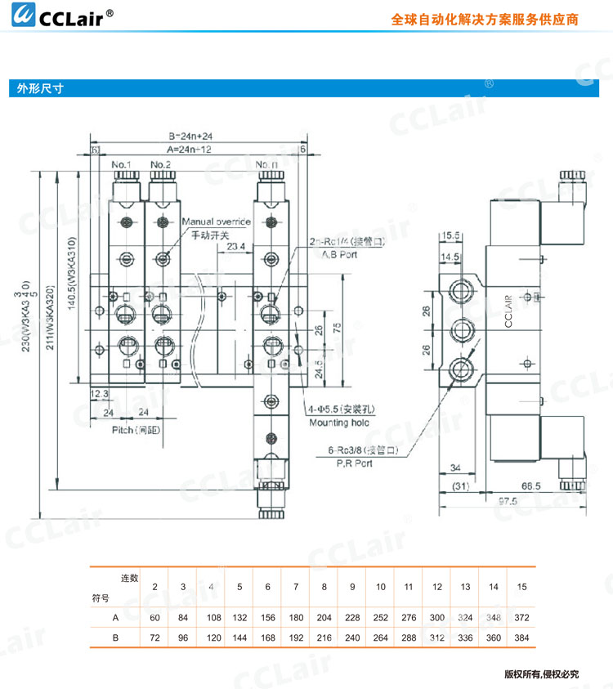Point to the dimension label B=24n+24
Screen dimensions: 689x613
(190, 136)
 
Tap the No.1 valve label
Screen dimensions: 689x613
(123, 164)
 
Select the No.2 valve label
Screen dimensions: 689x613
(161, 164)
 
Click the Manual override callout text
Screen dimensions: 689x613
(216, 221)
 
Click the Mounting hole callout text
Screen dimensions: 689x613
(338, 423)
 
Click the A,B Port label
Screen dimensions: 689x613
(334, 254)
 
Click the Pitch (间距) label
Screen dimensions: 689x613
(134, 429)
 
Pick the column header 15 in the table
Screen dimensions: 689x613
(522, 587)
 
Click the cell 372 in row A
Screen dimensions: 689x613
(522, 616)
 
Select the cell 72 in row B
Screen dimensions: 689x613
(154, 635)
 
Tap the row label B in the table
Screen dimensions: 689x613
(116, 635)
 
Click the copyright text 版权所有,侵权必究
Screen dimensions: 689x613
(540, 674)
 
